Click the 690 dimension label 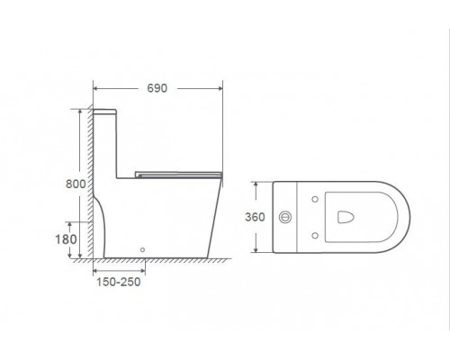coord(158,89)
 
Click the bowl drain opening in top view coord(346,217)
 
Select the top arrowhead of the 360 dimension coord(264,184)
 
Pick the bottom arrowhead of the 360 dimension coord(264,249)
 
